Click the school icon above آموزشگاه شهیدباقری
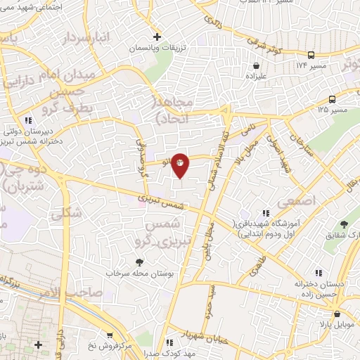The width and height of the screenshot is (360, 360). (265, 212)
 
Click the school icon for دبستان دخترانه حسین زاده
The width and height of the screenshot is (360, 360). (319, 272)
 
